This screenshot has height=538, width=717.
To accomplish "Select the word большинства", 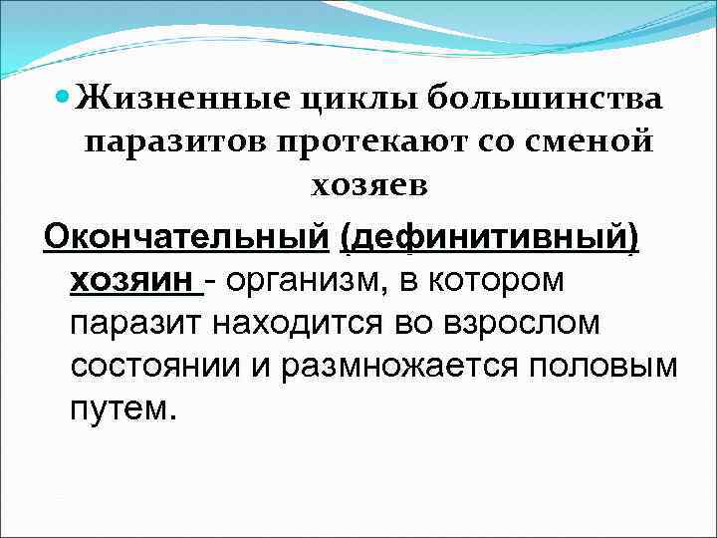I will [545, 100].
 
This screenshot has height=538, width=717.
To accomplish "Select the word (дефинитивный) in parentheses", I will [488, 238].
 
